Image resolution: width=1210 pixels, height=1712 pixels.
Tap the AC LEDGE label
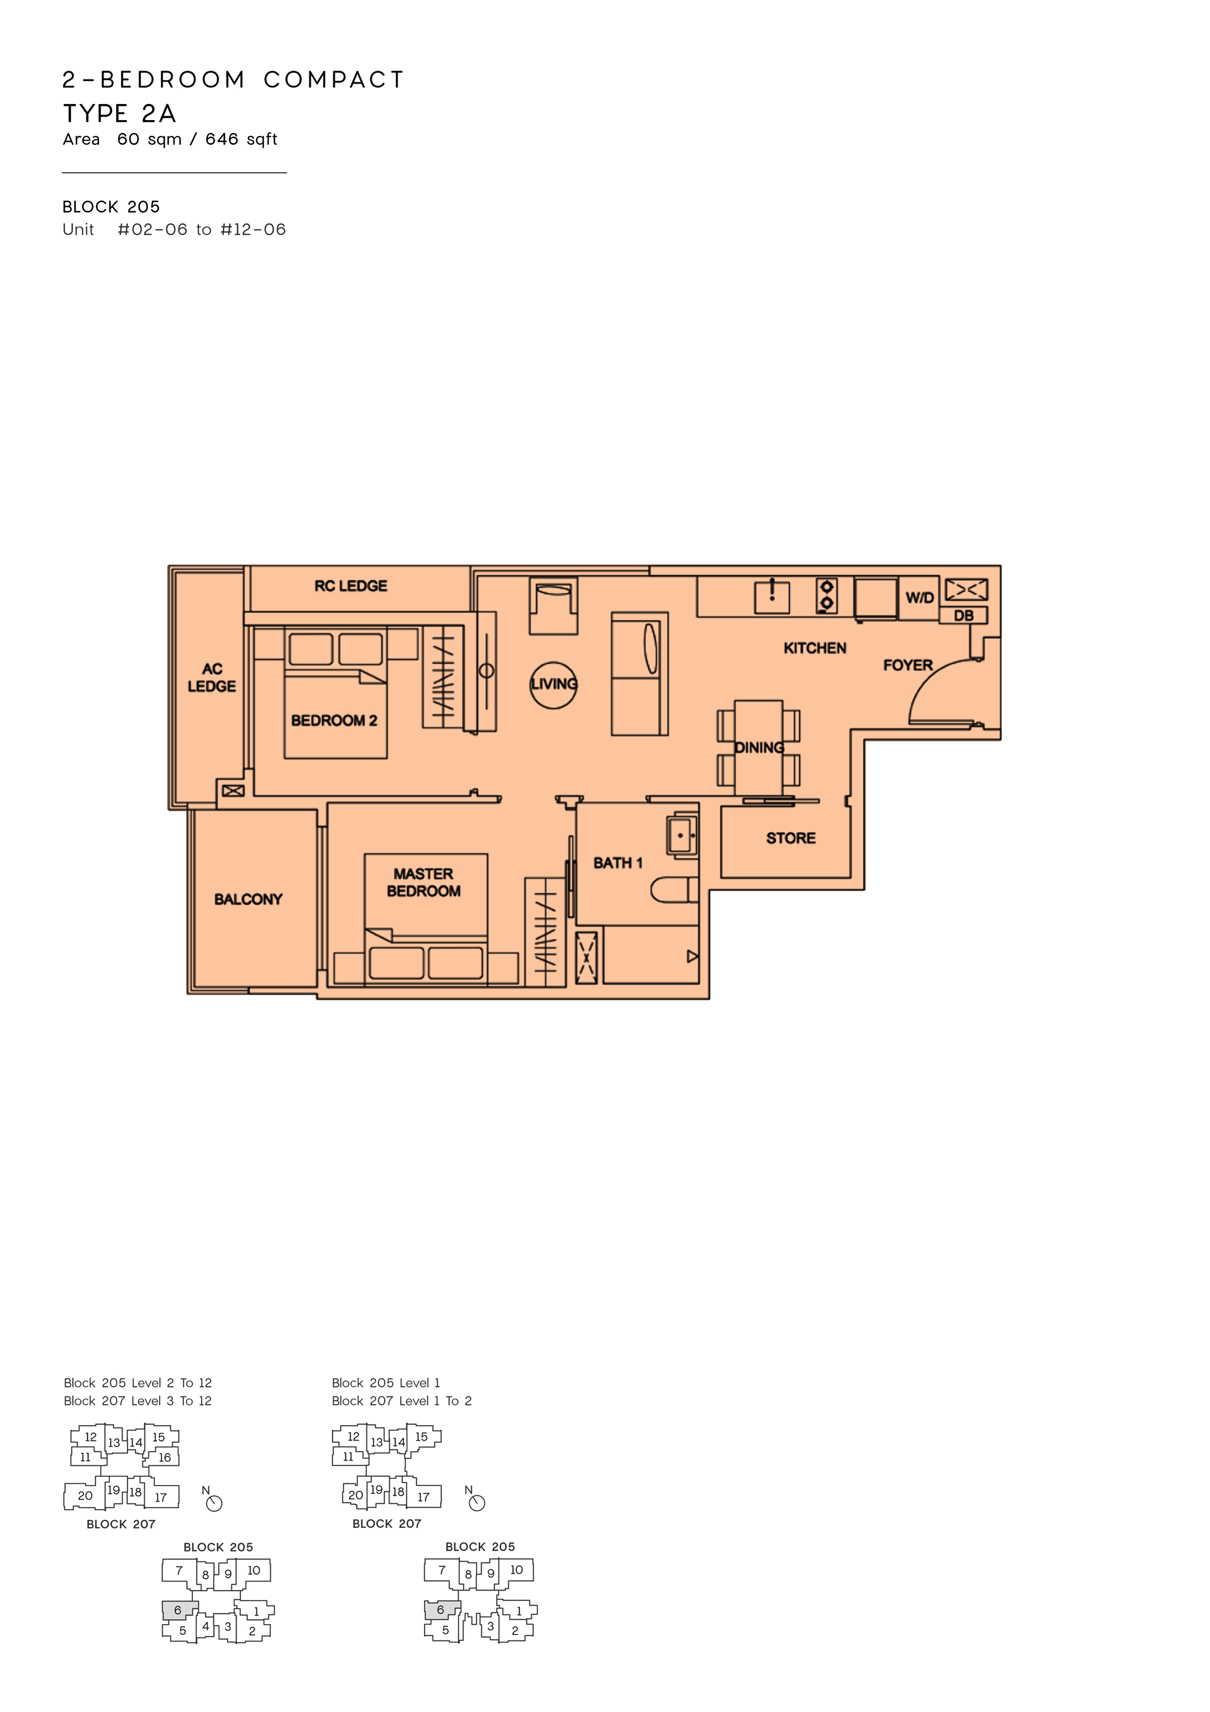(212, 677)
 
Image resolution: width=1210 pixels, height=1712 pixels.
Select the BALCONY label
(248, 899)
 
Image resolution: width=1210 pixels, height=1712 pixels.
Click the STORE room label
(790, 838)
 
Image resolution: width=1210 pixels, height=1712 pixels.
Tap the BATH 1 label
(617, 863)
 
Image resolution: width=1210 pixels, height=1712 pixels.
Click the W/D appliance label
(919, 597)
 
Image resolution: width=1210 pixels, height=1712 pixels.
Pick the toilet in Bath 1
(674, 890)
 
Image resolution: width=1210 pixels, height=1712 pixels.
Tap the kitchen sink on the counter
(772, 596)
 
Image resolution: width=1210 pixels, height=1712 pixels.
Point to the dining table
(758, 748)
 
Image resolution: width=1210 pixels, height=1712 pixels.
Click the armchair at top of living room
(553, 606)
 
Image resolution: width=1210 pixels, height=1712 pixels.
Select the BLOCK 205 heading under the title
(111, 206)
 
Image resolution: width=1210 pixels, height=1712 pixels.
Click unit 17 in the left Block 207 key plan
(161, 1497)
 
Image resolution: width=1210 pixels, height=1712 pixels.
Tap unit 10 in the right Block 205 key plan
(516, 1569)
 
